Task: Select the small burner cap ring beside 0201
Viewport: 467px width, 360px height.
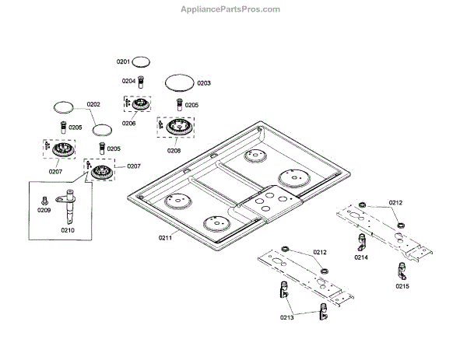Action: (x=142, y=60)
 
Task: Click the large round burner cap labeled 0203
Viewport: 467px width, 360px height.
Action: (x=179, y=81)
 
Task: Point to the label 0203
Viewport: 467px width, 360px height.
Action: (x=204, y=82)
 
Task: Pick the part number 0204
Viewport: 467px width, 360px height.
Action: (x=128, y=80)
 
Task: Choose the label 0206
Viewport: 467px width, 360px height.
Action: (x=128, y=123)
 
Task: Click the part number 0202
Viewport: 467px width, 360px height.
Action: (x=93, y=104)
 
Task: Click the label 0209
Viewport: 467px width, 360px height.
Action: (x=44, y=210)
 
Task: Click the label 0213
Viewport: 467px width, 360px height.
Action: (x=287, y=317)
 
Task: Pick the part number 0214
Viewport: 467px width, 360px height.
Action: (x=360, y=256)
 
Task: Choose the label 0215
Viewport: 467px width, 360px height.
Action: (x=402, y=286)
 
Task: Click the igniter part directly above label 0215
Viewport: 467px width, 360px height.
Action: (x=402, y=269)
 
